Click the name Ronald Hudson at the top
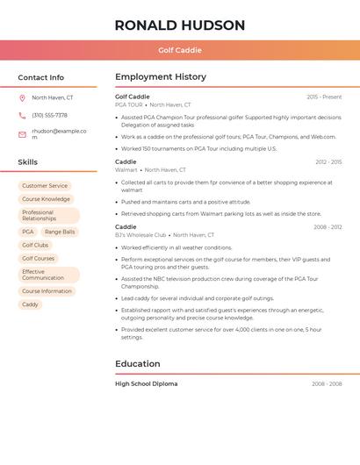pyautogui.click(x=180, y=25)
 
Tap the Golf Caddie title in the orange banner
pyautogui.click(x=180, y=50)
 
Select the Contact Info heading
pyautogui.click(x=40, y=77)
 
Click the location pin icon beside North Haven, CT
pyautogui.click(x=22, y=98)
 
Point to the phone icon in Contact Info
pyautogui.click(x=22, y=116)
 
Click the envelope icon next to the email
pyautogui.click(x=22, y=134)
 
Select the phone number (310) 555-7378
pyautogui.click(x=49, y=116)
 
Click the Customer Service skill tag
pyautogui.click(x=45, y=186)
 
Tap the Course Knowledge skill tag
pyautogui.click(x=46, y=199)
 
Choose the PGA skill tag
pyautogui.click(x=28, y=232)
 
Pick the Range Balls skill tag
pyautogui.click(x=60, y=232)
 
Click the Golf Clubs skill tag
pyautogui.click(x=35, y=245)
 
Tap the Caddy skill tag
pyautogui.click(x=30, y=304)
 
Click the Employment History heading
pyautogui.click(x=161, y=77)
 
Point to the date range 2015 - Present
pyautogui.click(x=324, y=97)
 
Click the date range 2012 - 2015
pyautogui.click(x=328, y=162)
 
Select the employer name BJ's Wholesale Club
pyautogui.click(x=140, y=235)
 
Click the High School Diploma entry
pyautogui.click(x=146, y=383)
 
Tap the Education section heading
pyautogui.click(x=138, y=363)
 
